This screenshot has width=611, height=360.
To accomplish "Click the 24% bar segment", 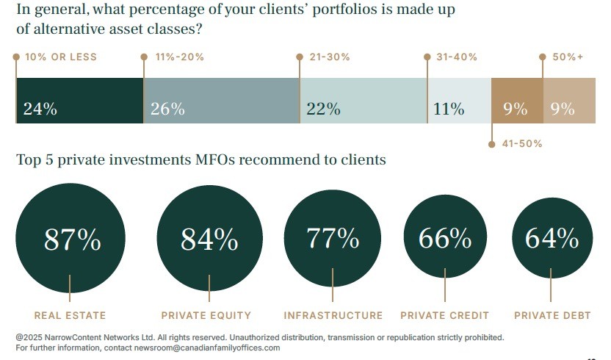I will [79, 101].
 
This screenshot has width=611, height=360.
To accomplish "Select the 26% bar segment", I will [222, 101].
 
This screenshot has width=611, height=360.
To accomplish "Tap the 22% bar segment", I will [364, 101].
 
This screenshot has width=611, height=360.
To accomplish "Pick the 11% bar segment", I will [459, 101].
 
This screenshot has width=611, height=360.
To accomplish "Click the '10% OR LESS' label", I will [60, 57].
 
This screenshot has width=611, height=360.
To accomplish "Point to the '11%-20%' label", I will [179, 57].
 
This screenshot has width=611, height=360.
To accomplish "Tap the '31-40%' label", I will [456, 57].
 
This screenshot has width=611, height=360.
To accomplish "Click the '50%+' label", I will [567, 57].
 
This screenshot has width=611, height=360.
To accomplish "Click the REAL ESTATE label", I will [69, 316].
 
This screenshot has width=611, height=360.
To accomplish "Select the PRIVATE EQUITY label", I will [206, 316].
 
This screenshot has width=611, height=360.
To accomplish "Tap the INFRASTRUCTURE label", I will [333, 316].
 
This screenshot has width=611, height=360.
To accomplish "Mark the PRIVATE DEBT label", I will [552, 316].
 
